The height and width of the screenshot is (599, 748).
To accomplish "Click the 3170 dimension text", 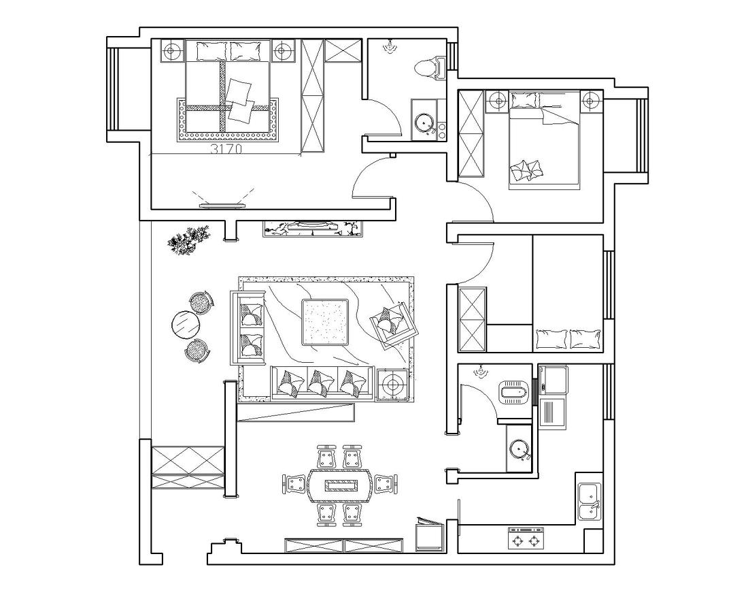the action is [226, 148].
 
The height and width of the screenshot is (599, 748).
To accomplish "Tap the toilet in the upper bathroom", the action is [430, 67].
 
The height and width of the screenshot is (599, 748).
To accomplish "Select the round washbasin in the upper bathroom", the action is [423, 123].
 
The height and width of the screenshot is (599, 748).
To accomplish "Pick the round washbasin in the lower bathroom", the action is [519, 448].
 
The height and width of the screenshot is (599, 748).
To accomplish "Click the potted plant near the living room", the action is [190, 239].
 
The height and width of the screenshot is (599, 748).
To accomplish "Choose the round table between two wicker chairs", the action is [185, 325].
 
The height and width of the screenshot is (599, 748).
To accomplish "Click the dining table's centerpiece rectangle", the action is [341, 485].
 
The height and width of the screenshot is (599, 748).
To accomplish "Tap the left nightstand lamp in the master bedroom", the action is [172, 50].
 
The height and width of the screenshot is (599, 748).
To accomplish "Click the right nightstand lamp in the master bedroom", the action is [282, 50].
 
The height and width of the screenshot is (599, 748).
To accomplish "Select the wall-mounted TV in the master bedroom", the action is [223, 206].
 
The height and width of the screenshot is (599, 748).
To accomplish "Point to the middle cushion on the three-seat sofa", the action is [320, 383].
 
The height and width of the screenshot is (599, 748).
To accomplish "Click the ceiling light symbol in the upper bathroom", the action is [390, 46].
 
